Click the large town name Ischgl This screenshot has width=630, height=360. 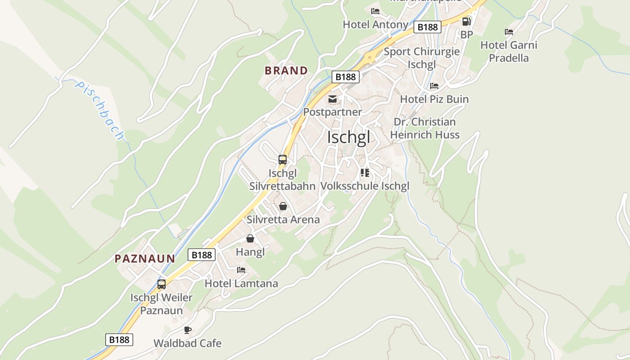pyautogui.click(x=349, y=137)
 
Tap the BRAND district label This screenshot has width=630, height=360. pyautogui.click(x=286, y=71)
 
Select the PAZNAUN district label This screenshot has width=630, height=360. pyautogui.click(x=144, y=259)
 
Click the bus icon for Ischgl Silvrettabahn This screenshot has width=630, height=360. pyautogui.click(x=283, y=160)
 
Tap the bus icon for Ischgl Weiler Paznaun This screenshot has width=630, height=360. pyautogui.click(x=162, y=284)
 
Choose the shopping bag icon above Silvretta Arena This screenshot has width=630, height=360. pyautogui.click(x=283, y=207)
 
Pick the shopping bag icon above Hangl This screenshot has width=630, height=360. pyautogui.click(x=250, y=238)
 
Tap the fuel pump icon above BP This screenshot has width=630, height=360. pyautogui.click(x=466, y=21)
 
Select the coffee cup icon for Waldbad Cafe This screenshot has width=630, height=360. pyautogui.click(x=188, y=330)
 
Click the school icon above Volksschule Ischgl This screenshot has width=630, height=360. pyautogui.click(x=365, y=173)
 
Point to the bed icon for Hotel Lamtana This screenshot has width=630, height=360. pyautogui.click(x=241, y=270)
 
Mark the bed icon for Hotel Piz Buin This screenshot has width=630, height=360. pyautogui.click(x=434, y=86)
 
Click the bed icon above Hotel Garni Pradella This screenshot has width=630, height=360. pyautogui.click(x=509, y=32)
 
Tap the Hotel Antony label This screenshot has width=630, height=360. pyautogui.click(x=375, y=24)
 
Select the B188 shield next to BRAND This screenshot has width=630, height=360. pyautogui.click(x=346, y=77)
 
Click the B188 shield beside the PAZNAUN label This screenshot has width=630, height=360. pyautogui.click(x=202, y=255)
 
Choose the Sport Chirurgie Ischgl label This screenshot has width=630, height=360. pyautogui.click(x=422, y=58)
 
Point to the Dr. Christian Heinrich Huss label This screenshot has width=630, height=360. pyautogui.click(x=425, y=128)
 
